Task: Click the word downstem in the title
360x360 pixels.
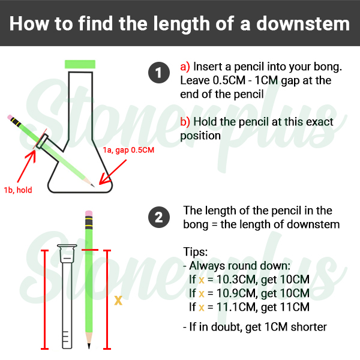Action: [x=303, y=23]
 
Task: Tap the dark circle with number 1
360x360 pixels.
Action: [x=159, y=73]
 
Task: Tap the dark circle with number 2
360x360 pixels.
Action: [x=159, y=217]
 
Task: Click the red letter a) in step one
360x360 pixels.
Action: [x=185, y=67]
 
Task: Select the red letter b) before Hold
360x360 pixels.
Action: [x=185, y=122]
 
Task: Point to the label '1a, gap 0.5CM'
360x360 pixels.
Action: [x=128, y=150]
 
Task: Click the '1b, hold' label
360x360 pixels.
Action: [x=18, y=190]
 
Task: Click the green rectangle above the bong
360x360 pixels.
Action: [x=80, y=64]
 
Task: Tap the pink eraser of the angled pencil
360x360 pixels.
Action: [x=10, y=117]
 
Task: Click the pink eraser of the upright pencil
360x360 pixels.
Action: [x=89, y=213]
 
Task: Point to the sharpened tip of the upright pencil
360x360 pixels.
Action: [x=89, y=348]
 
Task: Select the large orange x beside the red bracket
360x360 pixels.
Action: [x=118, y=300]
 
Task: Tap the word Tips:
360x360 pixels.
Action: [x=196, y=252]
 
